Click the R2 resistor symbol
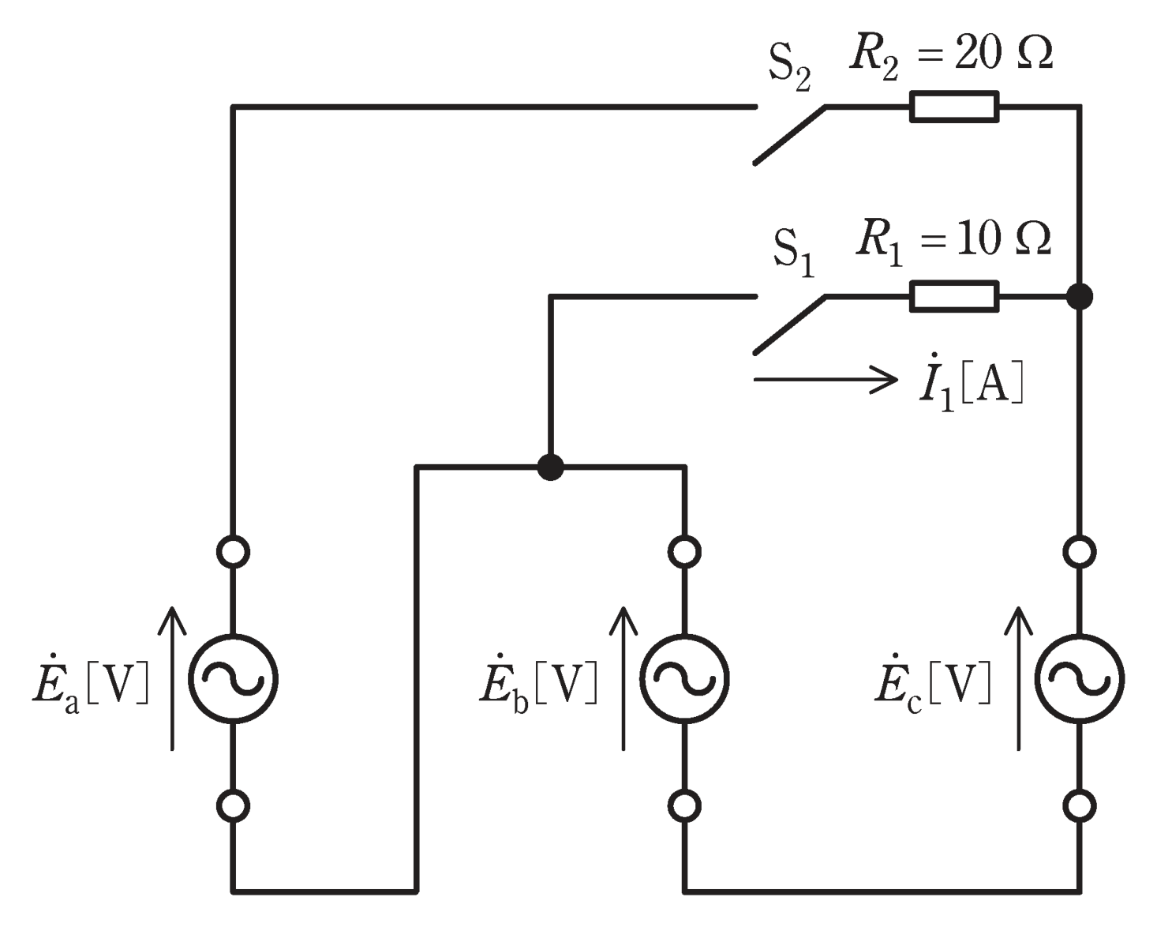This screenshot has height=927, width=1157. (954, 107)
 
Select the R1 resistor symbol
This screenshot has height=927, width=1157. (954, 296)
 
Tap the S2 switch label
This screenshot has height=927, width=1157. (789, 73)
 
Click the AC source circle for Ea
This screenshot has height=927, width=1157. (234, 679)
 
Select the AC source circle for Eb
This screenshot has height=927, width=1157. (684, 679)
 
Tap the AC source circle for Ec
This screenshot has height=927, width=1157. (1080, 679)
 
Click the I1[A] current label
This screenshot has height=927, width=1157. (971, 383)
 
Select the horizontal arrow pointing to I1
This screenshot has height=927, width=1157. (826, 380)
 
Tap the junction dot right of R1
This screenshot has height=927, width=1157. (1080, 296)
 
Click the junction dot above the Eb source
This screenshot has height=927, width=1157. (551, 467)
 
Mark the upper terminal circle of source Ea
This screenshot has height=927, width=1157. (234, 552)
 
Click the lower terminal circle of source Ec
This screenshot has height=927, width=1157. (1080, 806)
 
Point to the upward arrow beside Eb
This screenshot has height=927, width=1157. (623, 678)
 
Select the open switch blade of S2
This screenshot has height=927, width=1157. (790, 135)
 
